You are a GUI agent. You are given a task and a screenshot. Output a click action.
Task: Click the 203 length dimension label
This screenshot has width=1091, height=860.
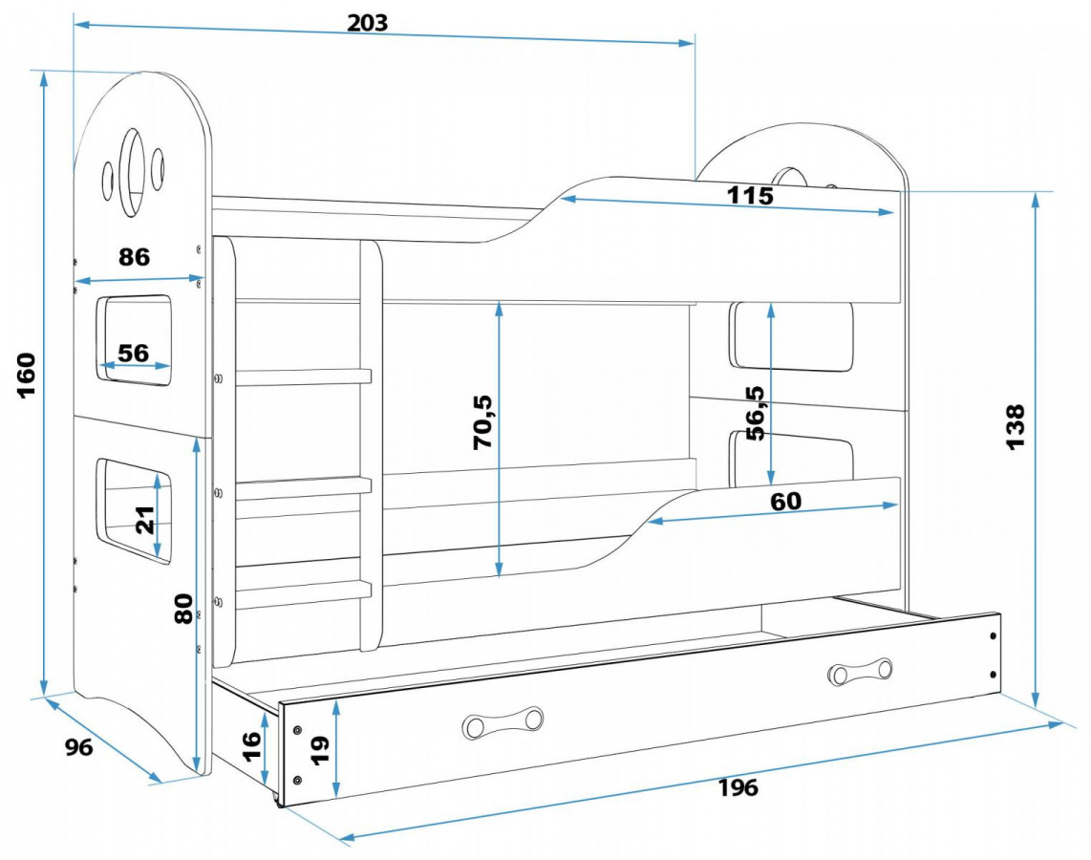(x=367, y=23)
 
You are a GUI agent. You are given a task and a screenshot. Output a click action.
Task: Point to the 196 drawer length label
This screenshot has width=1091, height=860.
(x=738, y=787)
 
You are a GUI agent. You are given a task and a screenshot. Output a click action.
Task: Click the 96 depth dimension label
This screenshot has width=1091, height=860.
(x=79, y=747)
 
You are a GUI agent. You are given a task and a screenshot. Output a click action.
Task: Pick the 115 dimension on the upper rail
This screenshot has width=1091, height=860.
(x=750, y=196)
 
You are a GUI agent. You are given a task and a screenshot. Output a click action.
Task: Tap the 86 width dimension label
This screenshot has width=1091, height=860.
(x=135, y=257)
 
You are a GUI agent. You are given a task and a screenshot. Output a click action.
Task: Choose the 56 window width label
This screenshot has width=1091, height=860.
(x=134, y=353)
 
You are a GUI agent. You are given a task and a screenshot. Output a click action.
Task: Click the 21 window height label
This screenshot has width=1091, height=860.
(x=145, y=521)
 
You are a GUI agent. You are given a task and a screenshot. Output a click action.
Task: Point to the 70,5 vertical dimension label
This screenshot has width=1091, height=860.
(x=482, y=420)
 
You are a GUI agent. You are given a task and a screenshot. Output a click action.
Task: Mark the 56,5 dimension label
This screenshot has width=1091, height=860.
(x=755, y=412)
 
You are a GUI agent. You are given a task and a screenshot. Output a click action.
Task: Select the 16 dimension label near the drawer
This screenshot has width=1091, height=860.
(x=250, y=742)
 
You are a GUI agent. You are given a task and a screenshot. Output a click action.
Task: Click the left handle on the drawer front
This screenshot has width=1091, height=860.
(x=503, y=723)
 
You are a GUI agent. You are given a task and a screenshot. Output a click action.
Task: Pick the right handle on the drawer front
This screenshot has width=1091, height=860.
(x=860, y=672)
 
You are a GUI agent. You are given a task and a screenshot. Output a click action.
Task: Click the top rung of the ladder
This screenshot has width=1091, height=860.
(x=304, y=376)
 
